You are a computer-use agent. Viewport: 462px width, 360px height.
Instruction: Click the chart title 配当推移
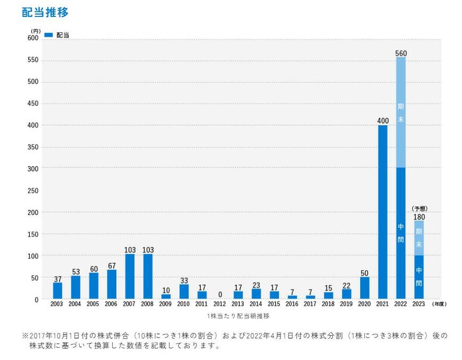[x=45, y=12]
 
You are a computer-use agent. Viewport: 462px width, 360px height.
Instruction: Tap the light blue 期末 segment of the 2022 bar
[x=400, y=112]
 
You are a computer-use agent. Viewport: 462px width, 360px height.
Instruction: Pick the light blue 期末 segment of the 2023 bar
[x=418, y=237]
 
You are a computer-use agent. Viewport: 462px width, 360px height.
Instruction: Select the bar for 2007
[x=130, y=276]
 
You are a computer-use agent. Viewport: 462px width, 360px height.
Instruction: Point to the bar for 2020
[x=364, y=287]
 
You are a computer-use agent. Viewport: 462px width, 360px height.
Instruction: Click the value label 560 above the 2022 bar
[x=401, y=53]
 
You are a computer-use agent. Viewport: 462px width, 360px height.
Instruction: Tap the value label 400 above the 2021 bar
[x=382, y=121]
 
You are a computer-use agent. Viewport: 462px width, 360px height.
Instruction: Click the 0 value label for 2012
[x=220, y=294]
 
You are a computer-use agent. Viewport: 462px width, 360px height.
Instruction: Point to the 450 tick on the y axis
[x=33, y=104]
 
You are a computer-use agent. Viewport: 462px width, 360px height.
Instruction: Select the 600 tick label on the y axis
[x=33, y=38]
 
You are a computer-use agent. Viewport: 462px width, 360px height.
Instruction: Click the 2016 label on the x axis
[x=292, y=304]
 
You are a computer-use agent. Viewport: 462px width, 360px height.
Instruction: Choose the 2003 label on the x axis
[x=57, y=304]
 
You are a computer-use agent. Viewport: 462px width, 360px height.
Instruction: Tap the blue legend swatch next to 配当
[x=48, y=35]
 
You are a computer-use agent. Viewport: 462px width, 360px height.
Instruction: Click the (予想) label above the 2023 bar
[x=419, y=208]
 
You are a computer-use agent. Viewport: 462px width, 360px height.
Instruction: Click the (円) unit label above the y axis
[x=36, y=31]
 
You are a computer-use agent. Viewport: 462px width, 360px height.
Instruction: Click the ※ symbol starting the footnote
[x=25, y=336]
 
